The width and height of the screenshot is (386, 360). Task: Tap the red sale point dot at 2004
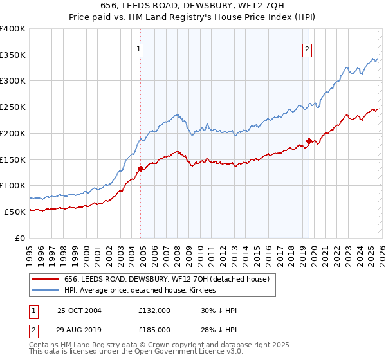140,169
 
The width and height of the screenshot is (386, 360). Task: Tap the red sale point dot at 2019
309,141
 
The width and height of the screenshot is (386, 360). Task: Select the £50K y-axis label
15,212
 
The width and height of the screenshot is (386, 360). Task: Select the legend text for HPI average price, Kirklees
140,291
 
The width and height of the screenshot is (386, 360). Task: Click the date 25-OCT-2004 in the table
79,310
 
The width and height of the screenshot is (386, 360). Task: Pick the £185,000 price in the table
154,330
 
